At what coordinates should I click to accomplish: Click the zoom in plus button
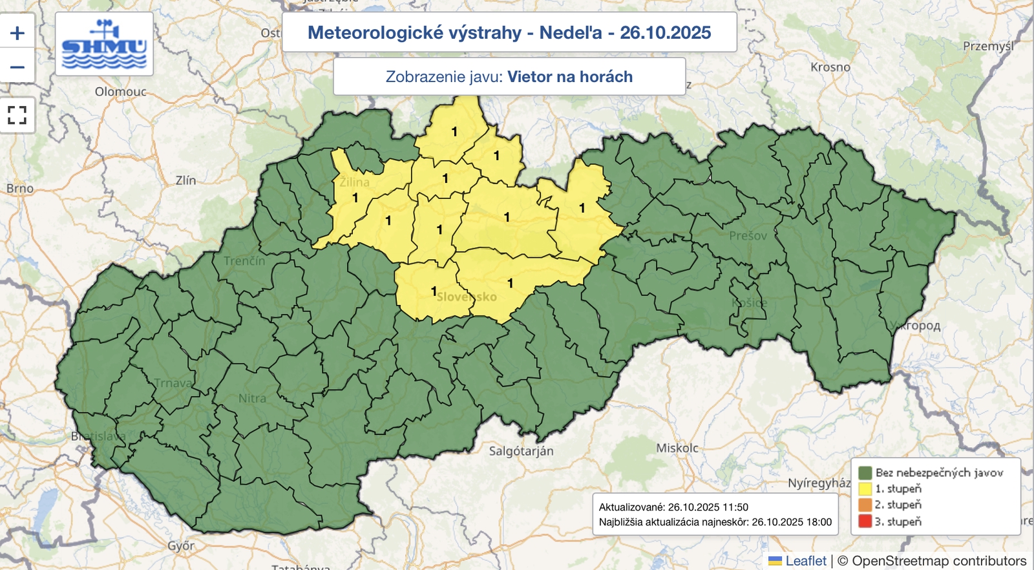click(x=17, y=33)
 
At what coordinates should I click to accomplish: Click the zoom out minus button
click(x=17, y=67)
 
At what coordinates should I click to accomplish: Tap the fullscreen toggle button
click(x=17, y=115)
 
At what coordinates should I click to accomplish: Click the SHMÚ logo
click(x=104, y=45)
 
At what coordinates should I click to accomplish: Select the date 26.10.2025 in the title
click(x=665, y=32)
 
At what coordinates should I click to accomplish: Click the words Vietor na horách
click(x=569, y=77)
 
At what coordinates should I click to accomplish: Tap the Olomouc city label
click(x=121, y=92)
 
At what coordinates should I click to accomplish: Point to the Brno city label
click(x=20, y=188)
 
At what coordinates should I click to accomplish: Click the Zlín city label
click(x=186, y=180)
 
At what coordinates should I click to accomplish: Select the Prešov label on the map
click(x=748, y=236)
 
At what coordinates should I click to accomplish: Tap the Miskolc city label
click(x=677, y=448)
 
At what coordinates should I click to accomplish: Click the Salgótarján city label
click(x=521, y=451)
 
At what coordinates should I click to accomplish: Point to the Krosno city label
click(x=830, y=67)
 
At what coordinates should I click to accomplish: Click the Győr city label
click(x=181, y=545)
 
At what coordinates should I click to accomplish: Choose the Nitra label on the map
click(x=252, y=399)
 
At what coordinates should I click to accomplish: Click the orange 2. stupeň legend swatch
click(x=865, y=505)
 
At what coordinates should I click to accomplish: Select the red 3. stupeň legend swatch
click(x=865, y=521)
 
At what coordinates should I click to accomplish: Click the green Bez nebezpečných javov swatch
click(x=865, y=472)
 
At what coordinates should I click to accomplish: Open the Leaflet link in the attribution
click(x=805, y=561)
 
